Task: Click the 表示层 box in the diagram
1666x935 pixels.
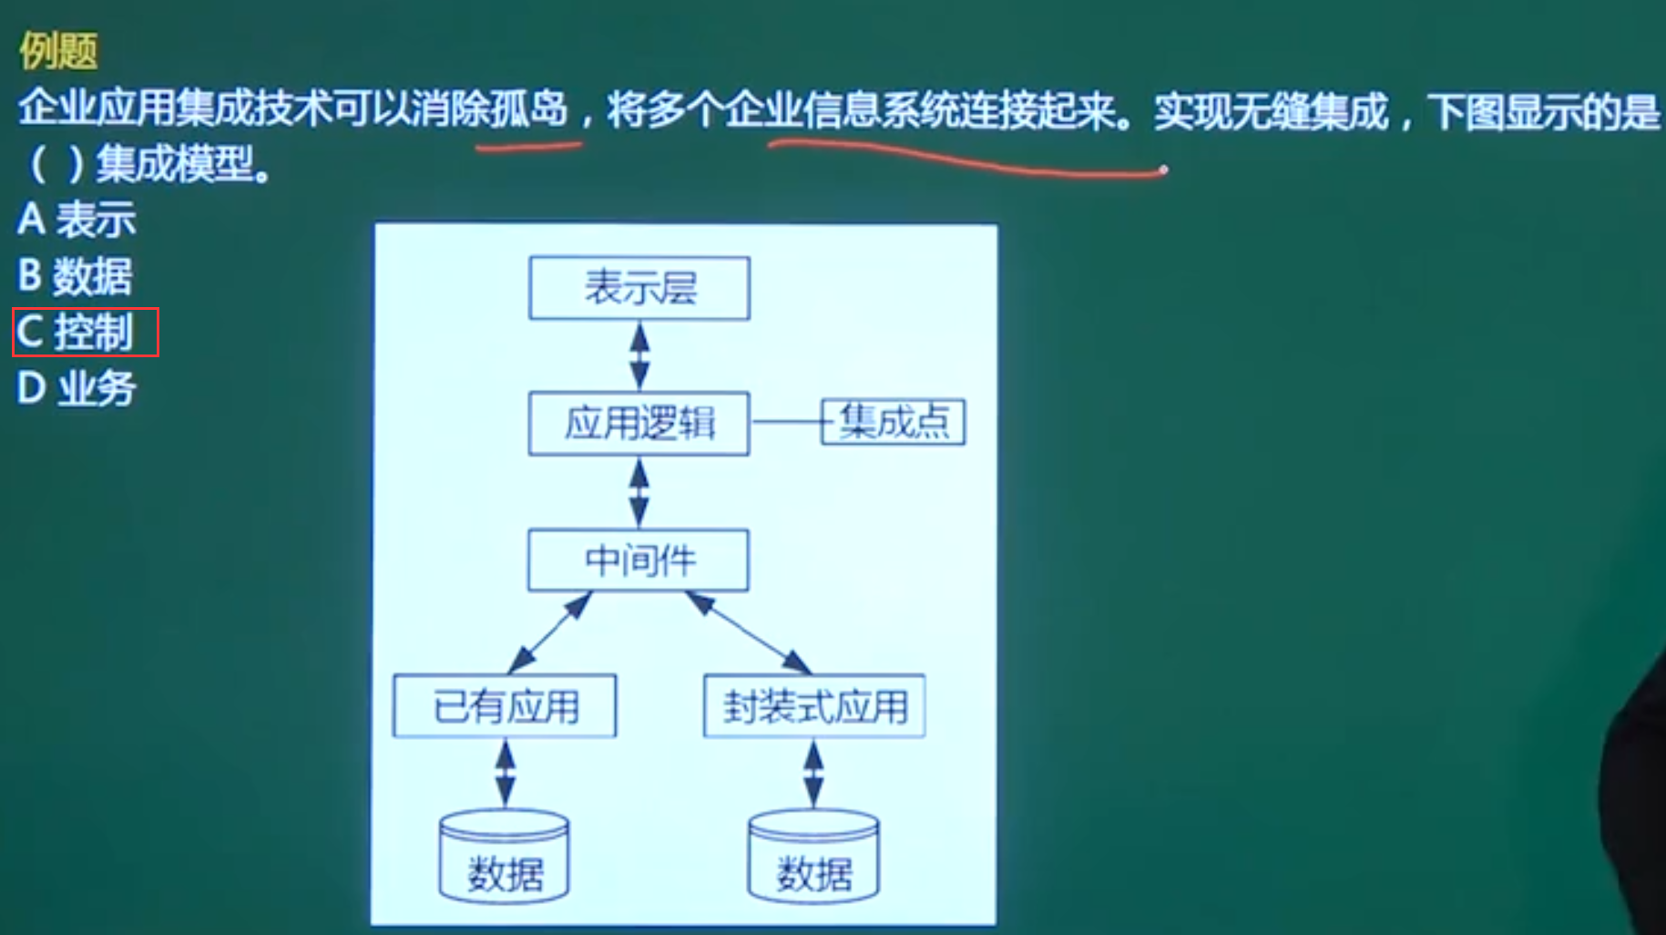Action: (639, 288)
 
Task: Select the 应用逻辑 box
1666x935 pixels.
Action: (639, 423)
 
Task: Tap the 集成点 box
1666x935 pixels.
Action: (893, 422)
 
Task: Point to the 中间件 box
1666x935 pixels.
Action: (639, 560)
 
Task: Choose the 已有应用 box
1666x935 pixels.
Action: (505, 705)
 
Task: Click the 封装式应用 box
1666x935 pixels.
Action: (814, 705)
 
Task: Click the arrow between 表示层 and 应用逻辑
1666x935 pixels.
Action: (639, 355)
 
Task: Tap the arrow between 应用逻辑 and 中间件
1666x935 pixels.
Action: (639, 492)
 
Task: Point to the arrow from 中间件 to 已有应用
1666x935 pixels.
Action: (550, 632)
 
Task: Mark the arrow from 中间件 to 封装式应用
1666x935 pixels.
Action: (747, 632)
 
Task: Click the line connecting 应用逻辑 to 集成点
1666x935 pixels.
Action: (785, 422)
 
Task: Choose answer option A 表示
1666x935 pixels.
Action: (77, 220)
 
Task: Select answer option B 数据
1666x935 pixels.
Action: (75, 276)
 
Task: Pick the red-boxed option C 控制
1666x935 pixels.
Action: (85, 332)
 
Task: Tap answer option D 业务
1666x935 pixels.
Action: (77, 388)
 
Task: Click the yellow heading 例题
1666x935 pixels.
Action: (58, 51)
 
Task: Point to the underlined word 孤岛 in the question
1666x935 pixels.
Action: (528, 109)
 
